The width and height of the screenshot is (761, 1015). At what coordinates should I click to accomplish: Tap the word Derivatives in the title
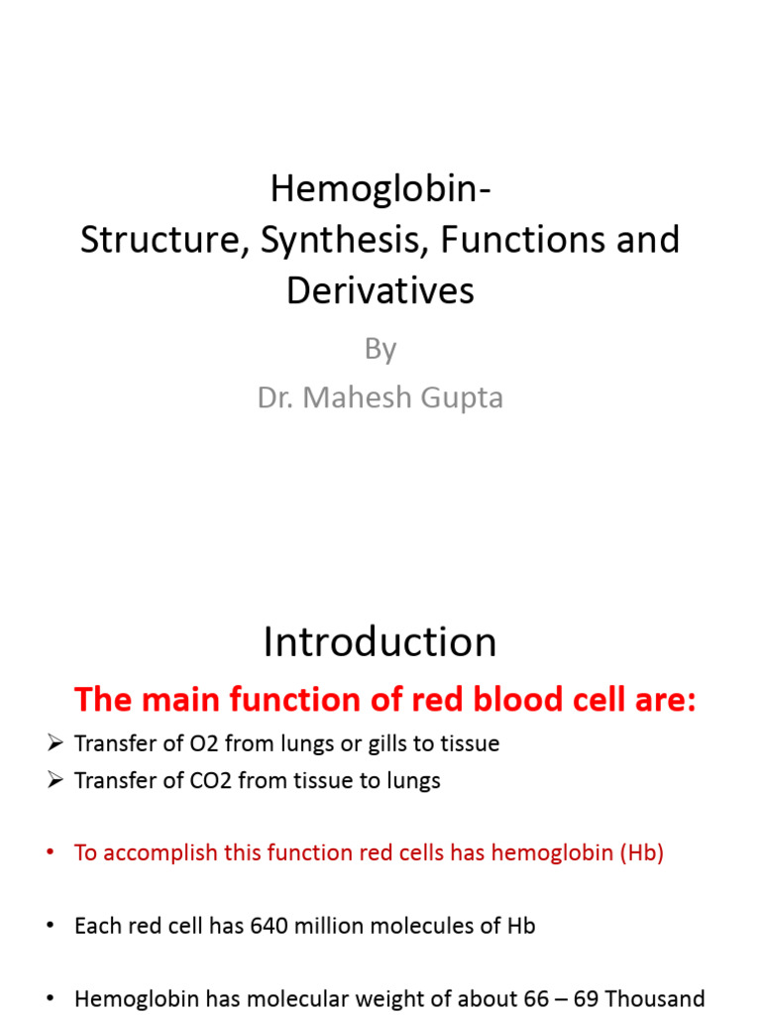click(380, 290)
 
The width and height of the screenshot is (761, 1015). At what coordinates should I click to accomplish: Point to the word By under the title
click(380, 349)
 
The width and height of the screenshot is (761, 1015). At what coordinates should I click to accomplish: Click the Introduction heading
click(380, 643)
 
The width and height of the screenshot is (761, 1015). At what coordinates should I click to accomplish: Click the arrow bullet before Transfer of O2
click(54, 743)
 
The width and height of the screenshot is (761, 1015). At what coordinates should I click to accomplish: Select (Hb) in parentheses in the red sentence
click(641, 853)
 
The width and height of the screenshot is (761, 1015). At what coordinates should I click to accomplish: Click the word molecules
click(405, 927)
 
